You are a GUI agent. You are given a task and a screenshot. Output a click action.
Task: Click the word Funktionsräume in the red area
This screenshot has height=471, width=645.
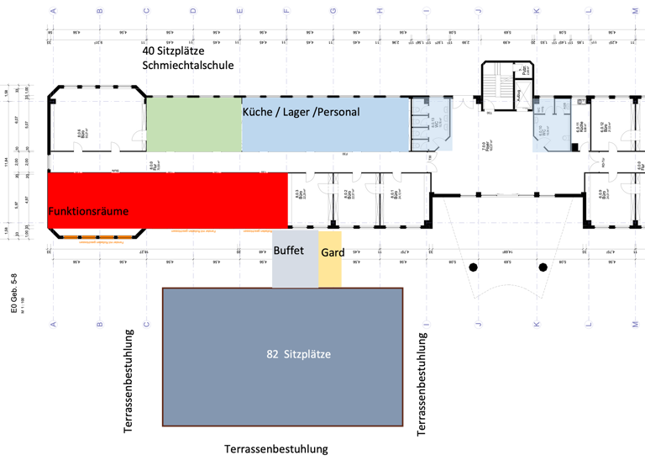pyautogui.click(x=88, y=211)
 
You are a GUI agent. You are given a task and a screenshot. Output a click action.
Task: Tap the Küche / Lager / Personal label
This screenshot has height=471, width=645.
pyautogui.click(x=301, y=112)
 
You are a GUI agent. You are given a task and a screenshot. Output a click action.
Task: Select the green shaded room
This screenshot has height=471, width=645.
pyautogui.click(x=194, y=124)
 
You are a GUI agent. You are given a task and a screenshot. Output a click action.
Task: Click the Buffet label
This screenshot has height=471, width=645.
pyautogui.click(x=288, y=251)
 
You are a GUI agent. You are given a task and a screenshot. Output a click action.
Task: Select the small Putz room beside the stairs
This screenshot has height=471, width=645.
pyautogui.click(x=526, y=71)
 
